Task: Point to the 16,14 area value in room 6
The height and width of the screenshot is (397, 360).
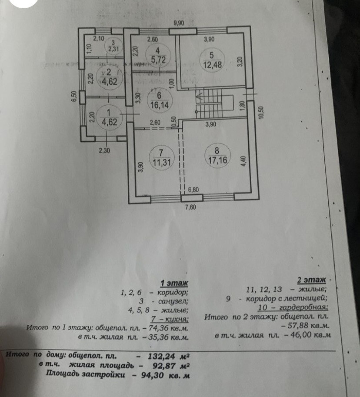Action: coord(159,104)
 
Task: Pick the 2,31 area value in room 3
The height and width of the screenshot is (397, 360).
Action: coord(114,49)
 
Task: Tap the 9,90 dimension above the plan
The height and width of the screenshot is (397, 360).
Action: coord(179,23)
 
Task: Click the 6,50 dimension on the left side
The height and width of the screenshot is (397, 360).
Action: coord(74,97)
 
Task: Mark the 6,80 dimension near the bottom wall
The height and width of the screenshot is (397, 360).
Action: coord(196,190)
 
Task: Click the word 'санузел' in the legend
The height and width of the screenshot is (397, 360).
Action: coord(173,300)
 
